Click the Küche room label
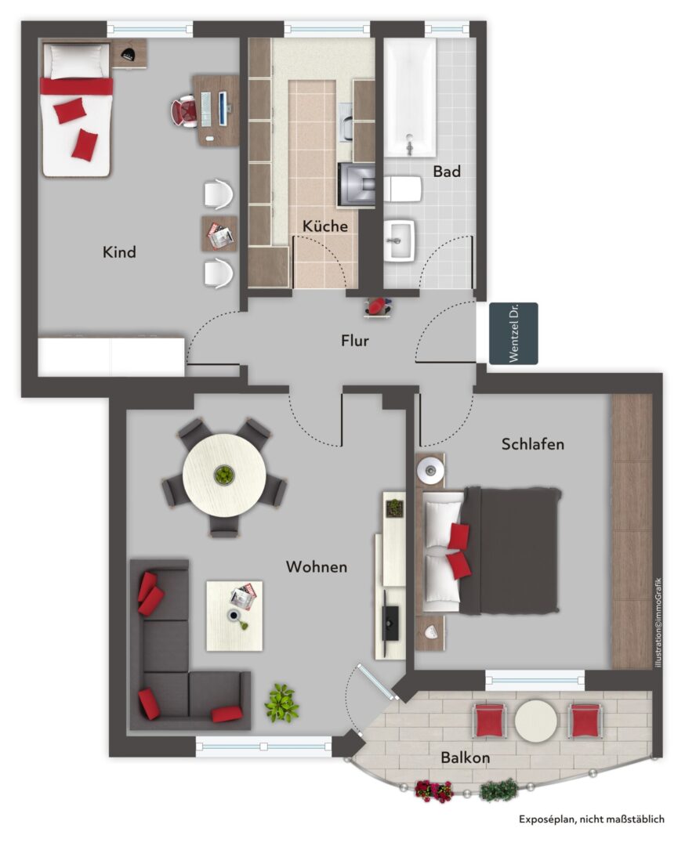coord(324,226)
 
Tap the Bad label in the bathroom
coord(447,172)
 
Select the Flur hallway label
coord(354,341)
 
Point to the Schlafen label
coord(532,444)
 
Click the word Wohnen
coord(317,566)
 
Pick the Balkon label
coord(466,757)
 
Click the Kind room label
coord(119,252)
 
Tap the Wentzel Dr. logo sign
coord(513,334)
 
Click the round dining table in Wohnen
coord(224,475)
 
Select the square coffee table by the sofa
coord(234,616)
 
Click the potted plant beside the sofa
coord(281,703)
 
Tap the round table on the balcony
coord(535,721)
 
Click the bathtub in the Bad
coord(410,98)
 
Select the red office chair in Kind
coord(185,112)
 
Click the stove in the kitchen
coord(357,185)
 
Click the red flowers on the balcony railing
coord(433,790)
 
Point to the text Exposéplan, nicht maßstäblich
coord(592,819)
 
